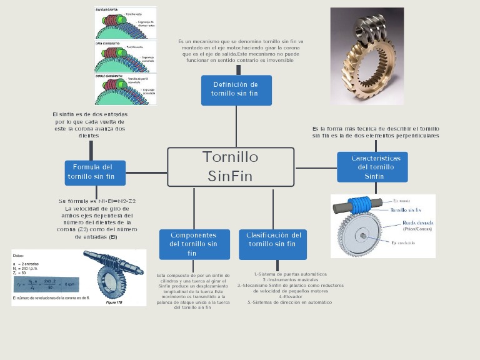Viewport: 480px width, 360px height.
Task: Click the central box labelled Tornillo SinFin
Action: tap(231, 167)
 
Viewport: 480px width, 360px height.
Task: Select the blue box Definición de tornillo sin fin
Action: tap(236, 90)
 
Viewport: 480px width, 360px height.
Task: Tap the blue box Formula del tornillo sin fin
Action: tap(95, 172)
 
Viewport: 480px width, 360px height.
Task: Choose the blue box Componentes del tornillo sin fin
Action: tap(194, 244)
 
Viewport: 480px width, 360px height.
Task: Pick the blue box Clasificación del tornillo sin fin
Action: tap(272, 244)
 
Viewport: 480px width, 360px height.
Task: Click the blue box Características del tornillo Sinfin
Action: tap(372, 167)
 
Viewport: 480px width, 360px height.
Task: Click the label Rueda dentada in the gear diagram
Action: tap(418, 222)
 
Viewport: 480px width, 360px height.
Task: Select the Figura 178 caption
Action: tap(114, 302)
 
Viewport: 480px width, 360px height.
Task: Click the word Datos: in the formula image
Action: tap(18, 256)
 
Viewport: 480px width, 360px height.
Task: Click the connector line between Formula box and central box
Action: tap(146, 172)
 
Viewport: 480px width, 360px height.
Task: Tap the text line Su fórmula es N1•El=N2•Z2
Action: tap(97, 201)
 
